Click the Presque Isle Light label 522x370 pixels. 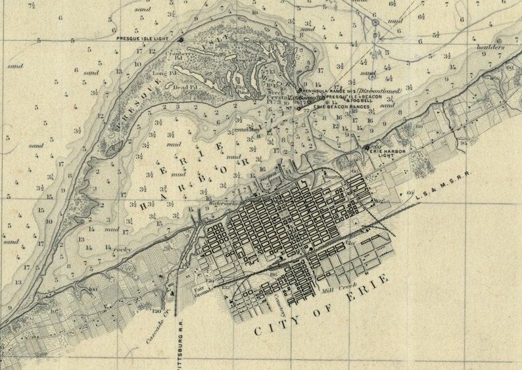146,39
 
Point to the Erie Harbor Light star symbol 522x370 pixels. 367,148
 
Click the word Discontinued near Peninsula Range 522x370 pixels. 379,90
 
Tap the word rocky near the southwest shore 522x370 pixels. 122,250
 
